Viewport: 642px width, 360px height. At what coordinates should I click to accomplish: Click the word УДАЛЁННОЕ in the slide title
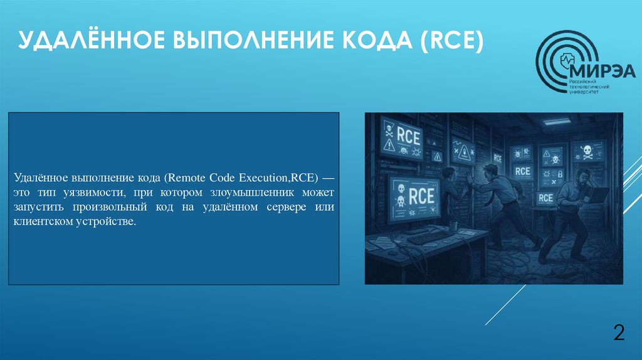click(x=85, y=45)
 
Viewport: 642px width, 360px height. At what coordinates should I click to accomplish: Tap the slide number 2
click(x=619, y=332)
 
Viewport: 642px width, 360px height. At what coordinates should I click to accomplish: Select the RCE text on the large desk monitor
click(x=421, y=196)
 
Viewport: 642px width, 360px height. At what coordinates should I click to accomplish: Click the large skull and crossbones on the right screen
click(x=587, y=151)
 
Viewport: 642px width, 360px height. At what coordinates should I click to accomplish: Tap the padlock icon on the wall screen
click(x=560, y=174)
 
